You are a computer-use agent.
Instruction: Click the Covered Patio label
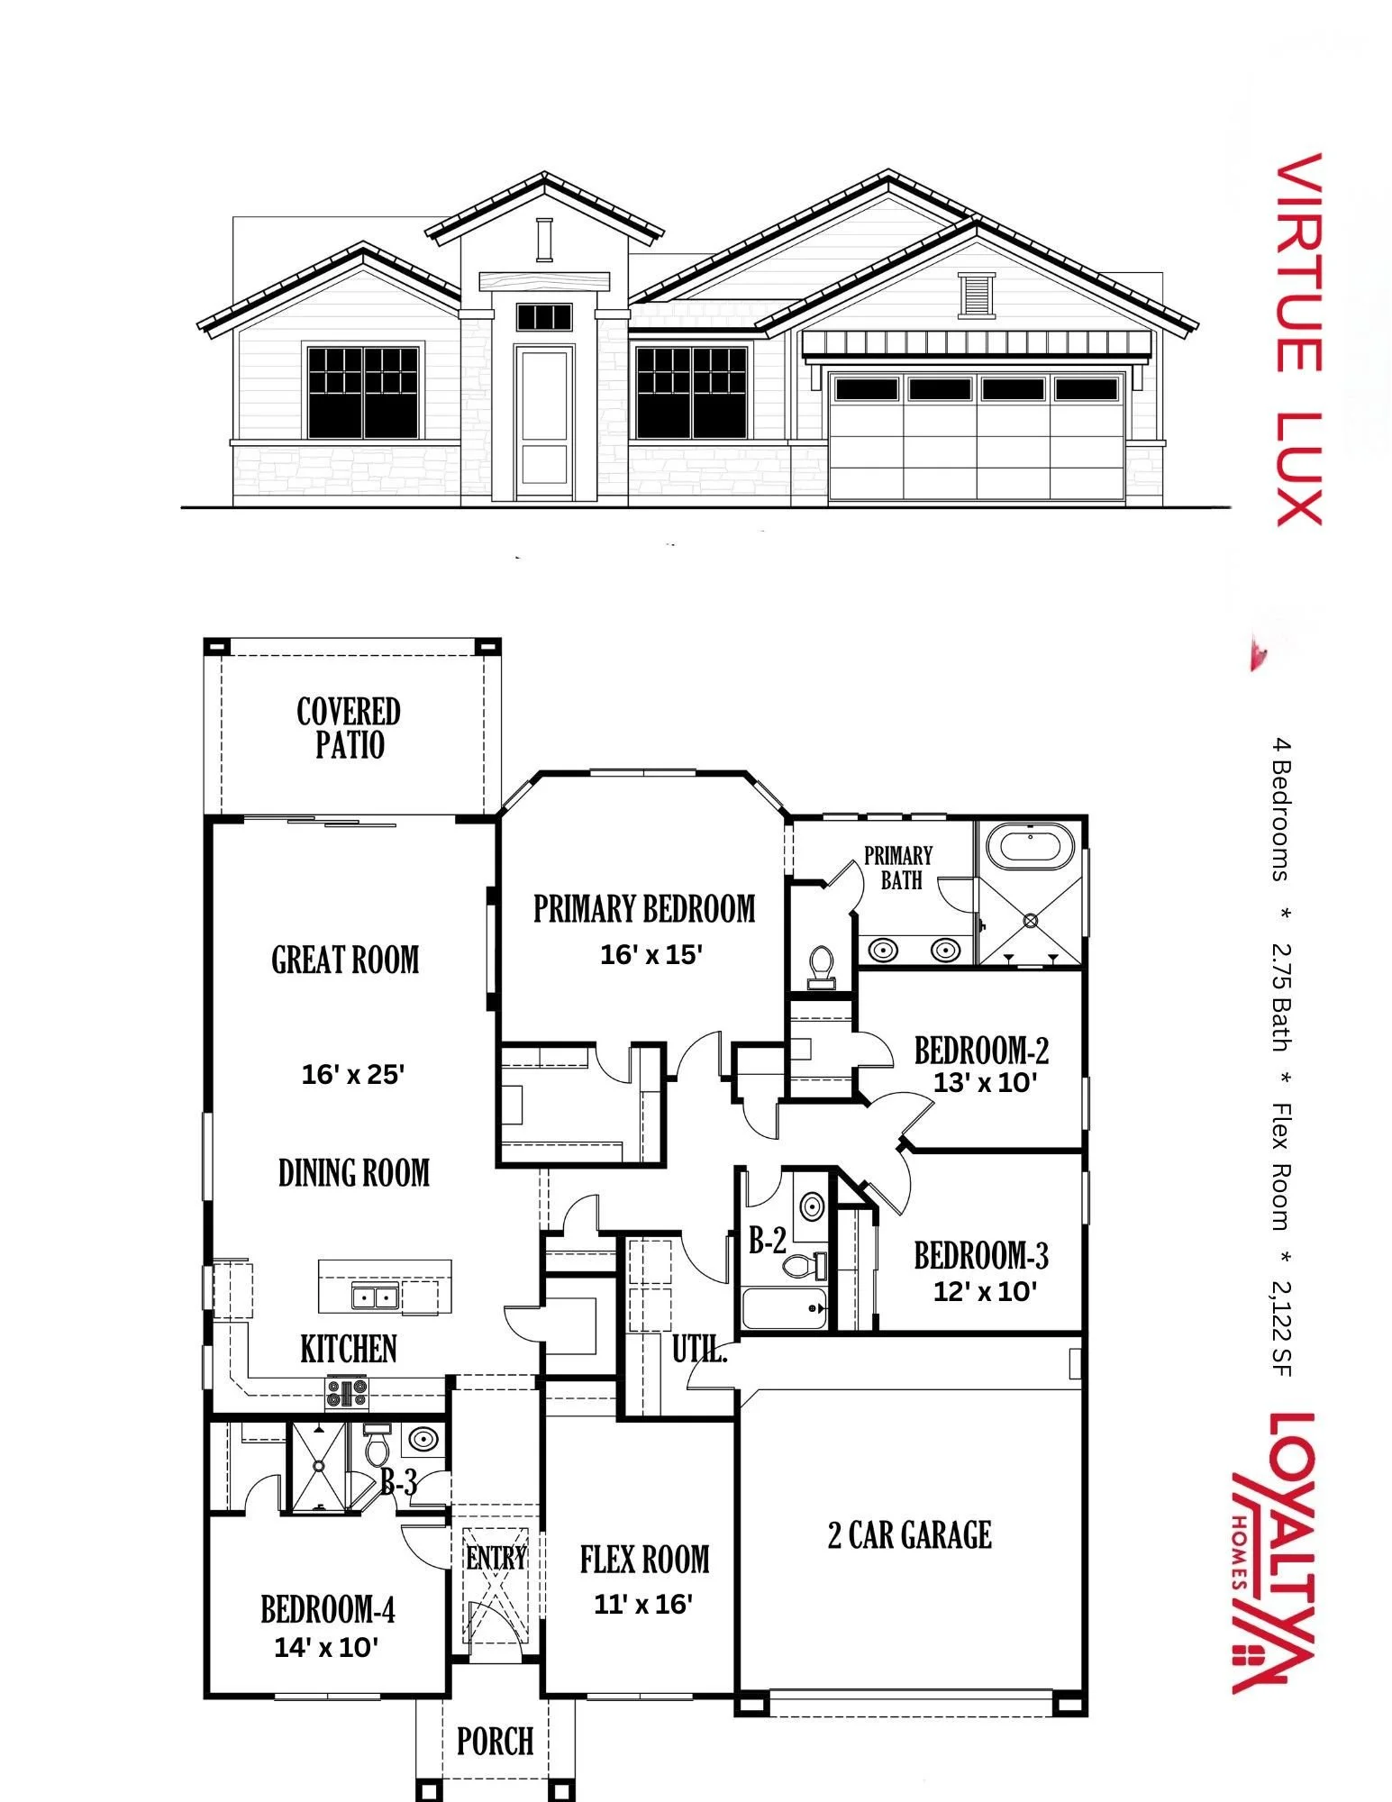pyautogui.click(x=349, y=728)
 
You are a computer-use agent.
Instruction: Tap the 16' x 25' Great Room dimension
pyautogui.click(x=352, y=1074)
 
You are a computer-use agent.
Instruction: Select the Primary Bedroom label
pyautogui.click(x=644, y=909)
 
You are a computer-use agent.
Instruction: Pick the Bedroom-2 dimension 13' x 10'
pyautogui.click(x=985, y=1082)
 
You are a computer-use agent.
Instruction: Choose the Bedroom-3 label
pyautogui.click(x=981, y=1256)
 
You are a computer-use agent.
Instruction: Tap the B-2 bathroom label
pyautogui.click(x=768, y=1241)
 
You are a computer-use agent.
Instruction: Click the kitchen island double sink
pyautogui.click(x=376, y=1297)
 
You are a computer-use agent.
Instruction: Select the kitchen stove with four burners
pyautogui.click(x=347, y=1393)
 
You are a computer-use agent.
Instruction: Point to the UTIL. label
pyautogui.click(x=699, y=1350)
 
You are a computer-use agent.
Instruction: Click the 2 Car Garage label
pyautogui.click(x=910, y=1535)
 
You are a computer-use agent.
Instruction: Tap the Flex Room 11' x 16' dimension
pyautogui.click(x=643, y=1604)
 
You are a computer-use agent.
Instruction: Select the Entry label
pyautogui.click(x=496, y=1557)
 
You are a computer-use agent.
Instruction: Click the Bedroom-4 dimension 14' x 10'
pyautogui.click(x=326, y=1647)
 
